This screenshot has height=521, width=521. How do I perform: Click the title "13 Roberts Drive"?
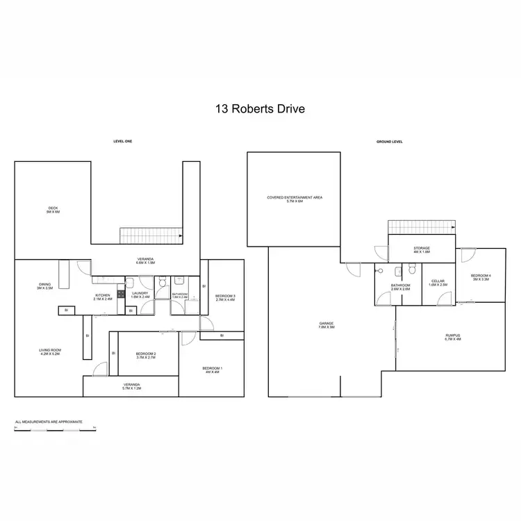tap(260, 108)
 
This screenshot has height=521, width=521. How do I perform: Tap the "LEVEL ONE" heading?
tap(122, 141)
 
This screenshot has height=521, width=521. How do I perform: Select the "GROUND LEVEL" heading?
tap(390, 142)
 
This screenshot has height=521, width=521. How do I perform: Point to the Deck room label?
tap(53, 210)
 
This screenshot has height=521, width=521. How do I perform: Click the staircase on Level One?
tap(151, 235)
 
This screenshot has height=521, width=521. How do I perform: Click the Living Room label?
tap(51, 352)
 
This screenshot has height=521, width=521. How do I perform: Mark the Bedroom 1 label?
tap(212, 370)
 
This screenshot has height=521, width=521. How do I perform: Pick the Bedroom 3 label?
tap(225, 298)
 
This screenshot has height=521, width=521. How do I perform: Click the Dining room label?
tap(44, 286)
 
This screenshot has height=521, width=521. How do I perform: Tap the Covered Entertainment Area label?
tap(295, 199)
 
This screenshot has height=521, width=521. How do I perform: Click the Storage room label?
tap(422, 249)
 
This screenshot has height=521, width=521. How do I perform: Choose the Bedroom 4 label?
tap(481, 278)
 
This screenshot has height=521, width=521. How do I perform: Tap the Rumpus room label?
tap(453, 338)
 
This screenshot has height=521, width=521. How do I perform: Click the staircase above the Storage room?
tap(420, 228)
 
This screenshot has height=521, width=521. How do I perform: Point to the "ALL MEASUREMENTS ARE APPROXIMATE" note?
tap(49, 422)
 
